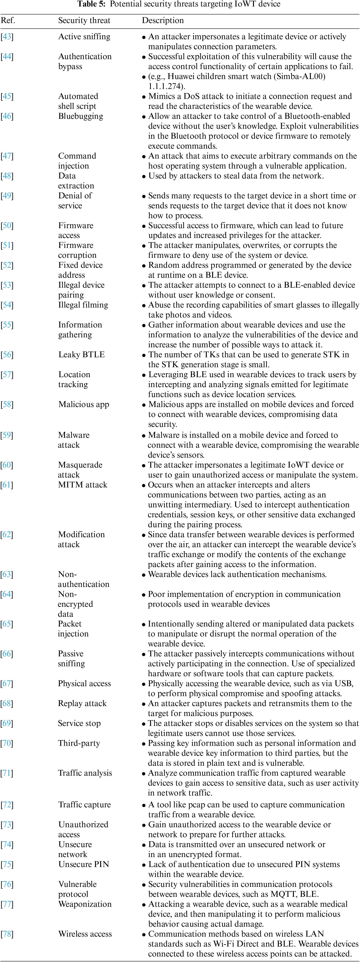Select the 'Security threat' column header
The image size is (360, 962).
84,21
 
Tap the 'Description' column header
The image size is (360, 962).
163,21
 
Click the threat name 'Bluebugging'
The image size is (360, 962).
81,116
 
